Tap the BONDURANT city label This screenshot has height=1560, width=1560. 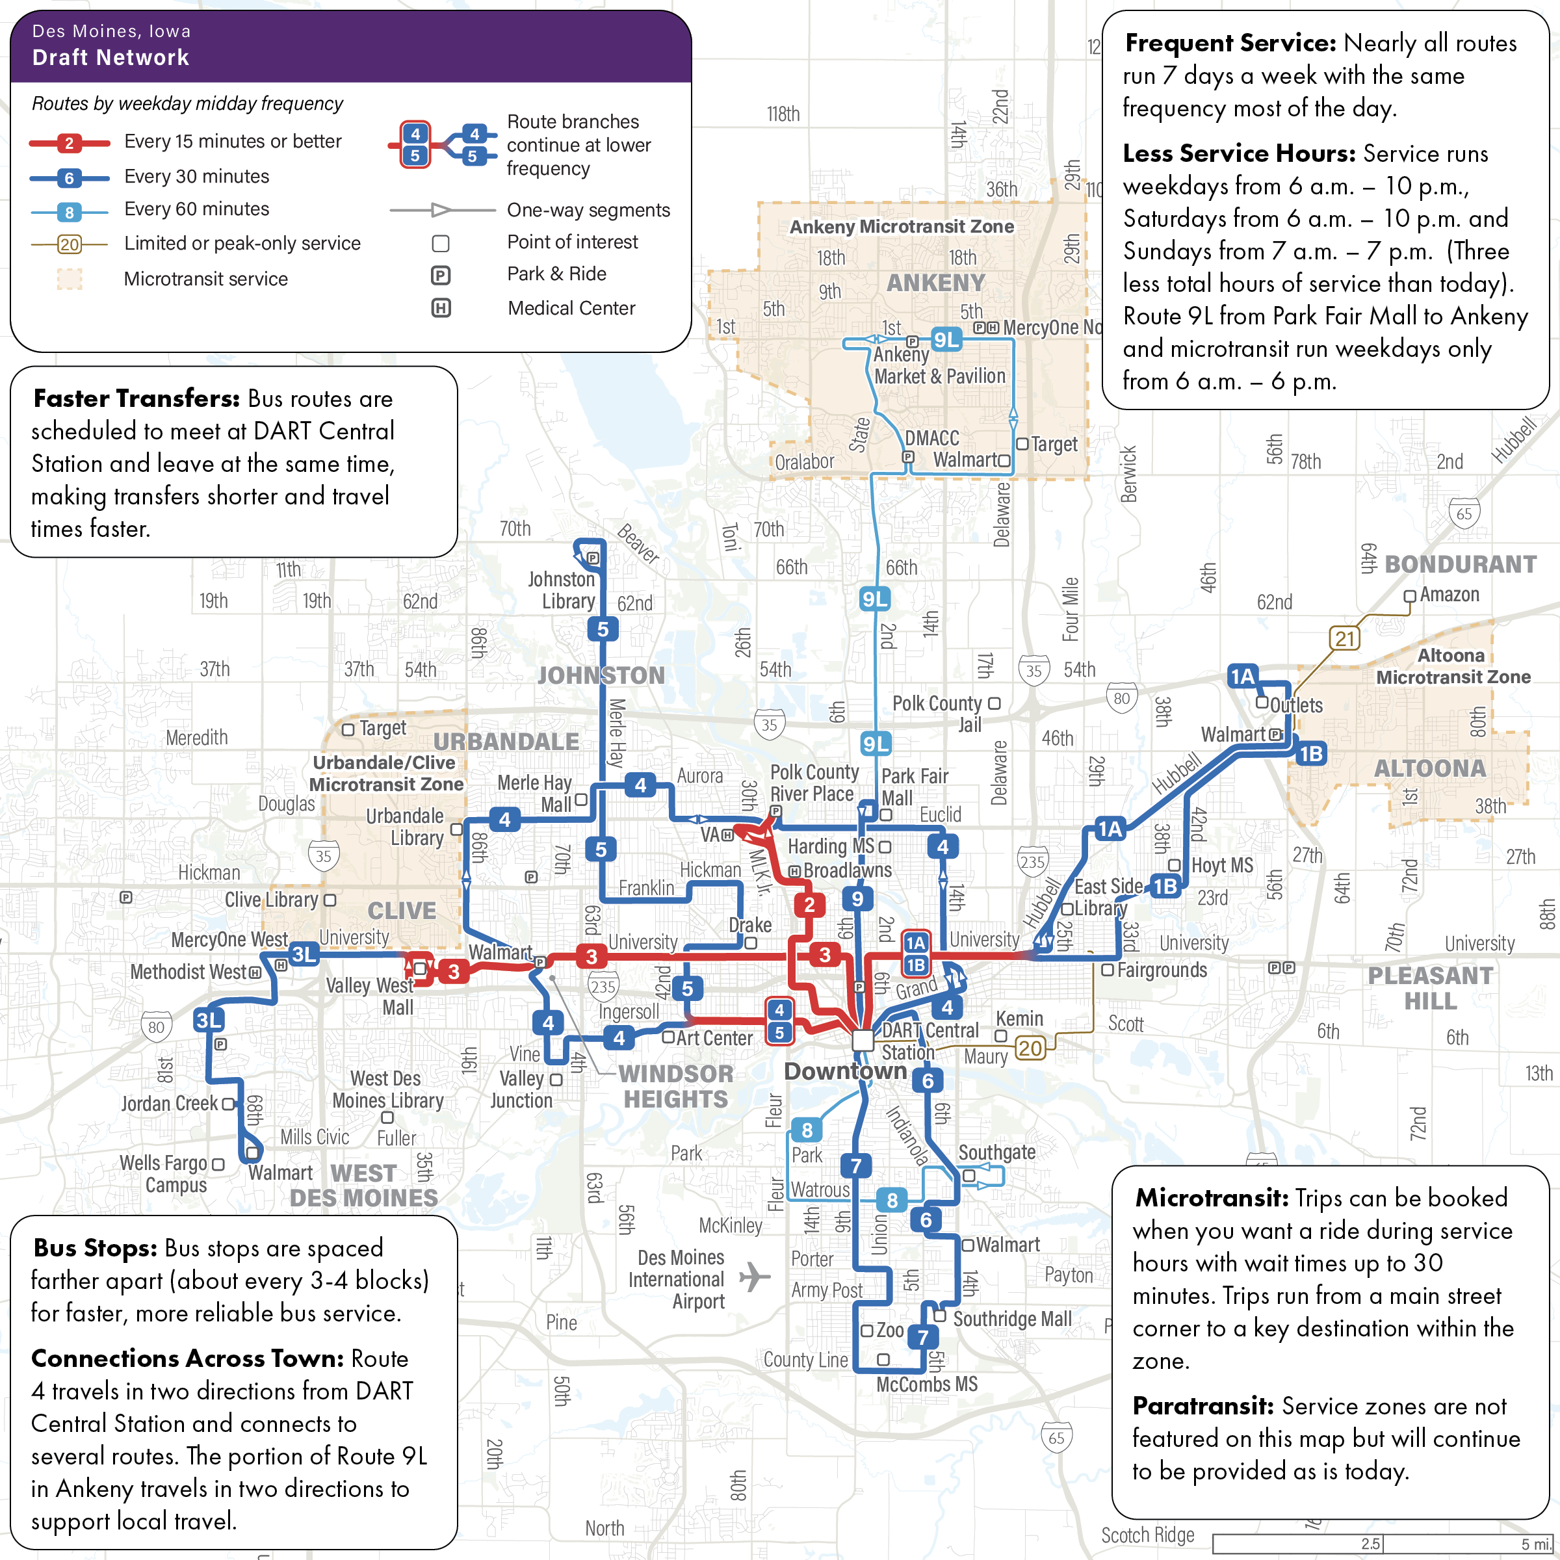click(x=1460, y=564)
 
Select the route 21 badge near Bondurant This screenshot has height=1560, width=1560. click(x=1344, y=639)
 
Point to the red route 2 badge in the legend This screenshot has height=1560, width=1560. click(x=70, y=144)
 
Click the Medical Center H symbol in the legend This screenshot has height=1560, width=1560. click(x=441, y=309)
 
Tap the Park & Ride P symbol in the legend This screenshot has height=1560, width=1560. click(x=441, y=276)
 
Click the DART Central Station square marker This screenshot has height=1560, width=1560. click(x=863, y=1040)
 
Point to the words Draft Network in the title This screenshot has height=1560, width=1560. click(x=110, y=57)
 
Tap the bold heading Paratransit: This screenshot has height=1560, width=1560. click(x=1203, y=1406)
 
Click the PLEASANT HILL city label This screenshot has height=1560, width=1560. click(x=1430, y=988)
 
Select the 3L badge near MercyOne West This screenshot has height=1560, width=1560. click(x=304, y=954)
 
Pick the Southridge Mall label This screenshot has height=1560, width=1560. click(x=1013, y=1319)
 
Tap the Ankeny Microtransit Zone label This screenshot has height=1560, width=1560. click(x=901, y=227)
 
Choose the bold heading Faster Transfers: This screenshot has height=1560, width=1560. click(x=136, y=399)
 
